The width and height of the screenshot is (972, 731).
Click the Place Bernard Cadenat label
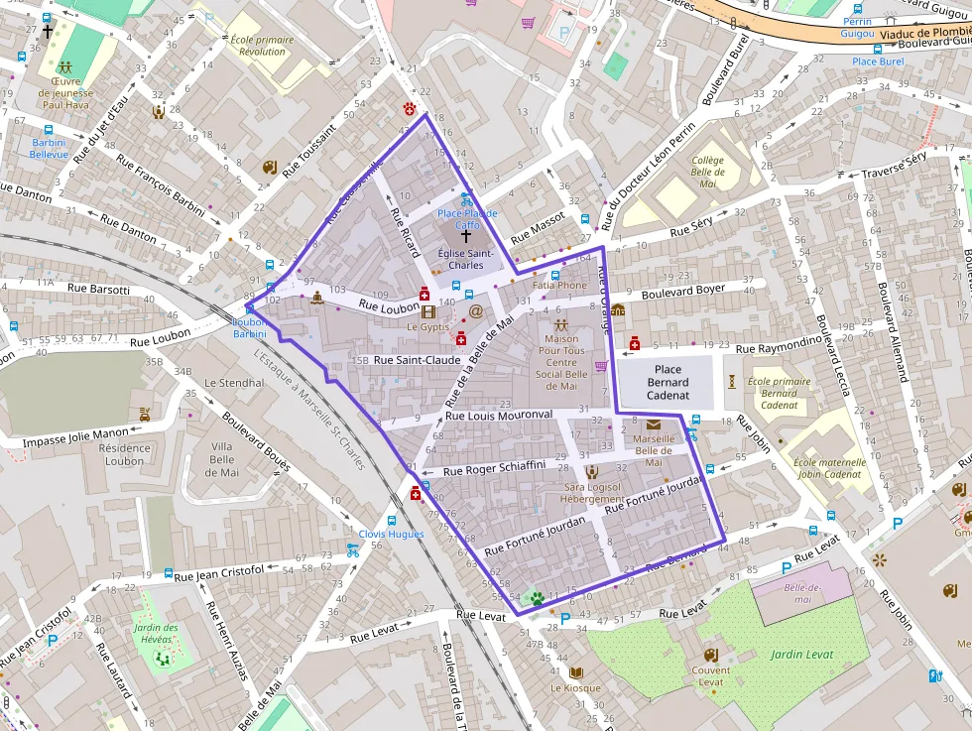click(x=667, y=382)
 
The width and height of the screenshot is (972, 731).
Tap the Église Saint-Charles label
click(x=466, y=259)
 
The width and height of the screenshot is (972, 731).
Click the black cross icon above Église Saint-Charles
click(x=466, y=237)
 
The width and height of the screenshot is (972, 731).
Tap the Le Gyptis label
click(x=427, y=326)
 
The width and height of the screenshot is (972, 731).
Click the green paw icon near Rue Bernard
click(x=537, y=598)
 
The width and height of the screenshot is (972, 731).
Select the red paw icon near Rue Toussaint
click(x=409, y=107)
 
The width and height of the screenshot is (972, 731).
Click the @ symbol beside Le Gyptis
click(x=476, y=311)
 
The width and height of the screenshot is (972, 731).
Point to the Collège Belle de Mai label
click(x=708, y=172)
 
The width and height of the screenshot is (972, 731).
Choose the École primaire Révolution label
click(x=262, y=46)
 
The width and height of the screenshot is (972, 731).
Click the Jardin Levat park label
click(x=801, y=654)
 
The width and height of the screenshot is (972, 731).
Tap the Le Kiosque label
click(x=576, y=687)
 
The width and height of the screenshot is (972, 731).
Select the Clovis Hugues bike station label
click(x=391, y=534)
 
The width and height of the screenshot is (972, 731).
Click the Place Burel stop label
click(x=878, y=61)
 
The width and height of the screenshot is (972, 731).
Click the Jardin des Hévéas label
click(x=157, y=633)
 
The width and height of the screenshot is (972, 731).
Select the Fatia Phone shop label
click(x=559, y=286)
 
